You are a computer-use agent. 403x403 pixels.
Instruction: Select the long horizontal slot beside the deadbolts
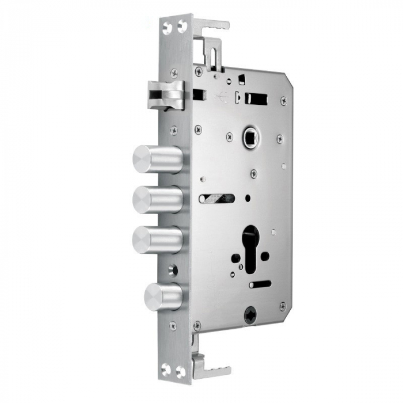(x=217, y=198)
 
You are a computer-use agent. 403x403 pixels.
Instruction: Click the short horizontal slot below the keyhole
(x=260, y=284)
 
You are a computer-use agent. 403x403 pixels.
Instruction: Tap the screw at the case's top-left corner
(x=199, y=72)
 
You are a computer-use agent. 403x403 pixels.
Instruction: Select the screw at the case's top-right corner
(x=283, y=101)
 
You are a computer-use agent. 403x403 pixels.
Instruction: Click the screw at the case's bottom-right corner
(x=282, y=306)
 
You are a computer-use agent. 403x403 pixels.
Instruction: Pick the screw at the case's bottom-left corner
(x=197, y=325)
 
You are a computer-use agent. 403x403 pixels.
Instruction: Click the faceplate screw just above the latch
(x=174, y=73)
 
